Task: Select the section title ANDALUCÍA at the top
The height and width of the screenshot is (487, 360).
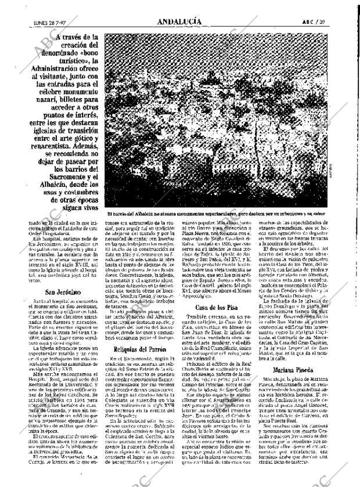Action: (179, 21)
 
